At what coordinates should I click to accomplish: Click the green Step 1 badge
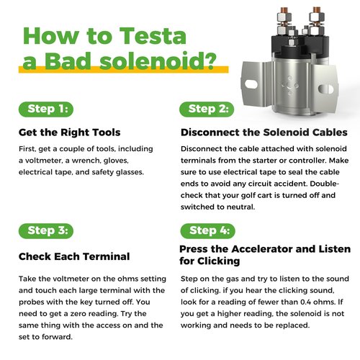point(46,109)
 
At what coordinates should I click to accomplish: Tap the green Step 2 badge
point(207,109)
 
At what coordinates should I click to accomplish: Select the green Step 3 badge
point(46,231)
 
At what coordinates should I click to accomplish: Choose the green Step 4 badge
point(208,231)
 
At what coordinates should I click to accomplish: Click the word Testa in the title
point(153,36)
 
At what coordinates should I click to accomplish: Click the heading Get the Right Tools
point(70,132)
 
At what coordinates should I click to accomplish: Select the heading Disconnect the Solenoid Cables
point(264,132)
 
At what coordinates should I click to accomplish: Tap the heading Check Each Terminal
point(74,256)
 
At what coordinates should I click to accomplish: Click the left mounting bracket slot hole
point(251,84)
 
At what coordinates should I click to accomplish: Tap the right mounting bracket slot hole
point(325,89)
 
